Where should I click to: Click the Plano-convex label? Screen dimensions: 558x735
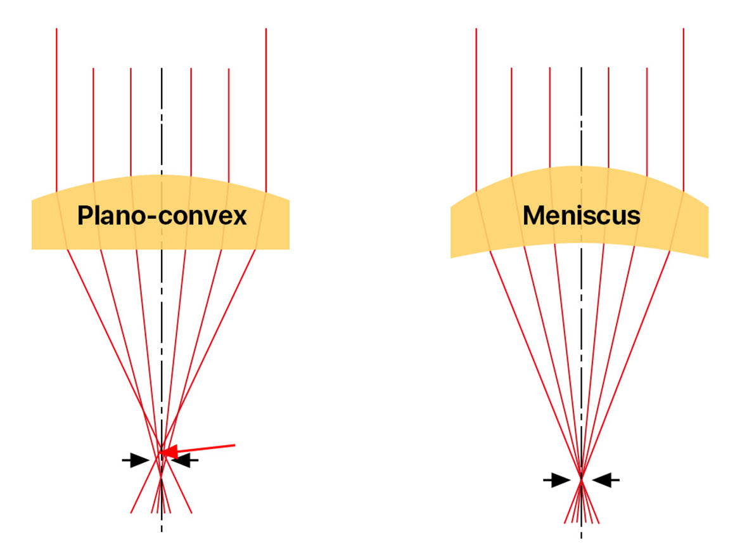[x=162, y=216]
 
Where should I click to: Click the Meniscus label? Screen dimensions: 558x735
[x=581, y=216]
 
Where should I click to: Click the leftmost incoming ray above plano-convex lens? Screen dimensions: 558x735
[x=57, y=108]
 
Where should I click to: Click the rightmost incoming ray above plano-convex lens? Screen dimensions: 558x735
[x=266, y=108]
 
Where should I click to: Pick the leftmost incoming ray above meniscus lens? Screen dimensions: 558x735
[x=476, y=108]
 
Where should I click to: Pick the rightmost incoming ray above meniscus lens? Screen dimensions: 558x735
[x=684, y=108]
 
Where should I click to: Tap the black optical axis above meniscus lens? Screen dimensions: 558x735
[x=581, y=114]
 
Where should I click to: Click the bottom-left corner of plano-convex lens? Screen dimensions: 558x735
[x=33, y=248]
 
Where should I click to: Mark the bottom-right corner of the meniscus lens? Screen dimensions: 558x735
[x=706, y=256]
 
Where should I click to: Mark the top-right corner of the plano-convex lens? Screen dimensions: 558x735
[x=288, y=201]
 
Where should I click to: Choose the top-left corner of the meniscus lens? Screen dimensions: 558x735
[x=452, y=206]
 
